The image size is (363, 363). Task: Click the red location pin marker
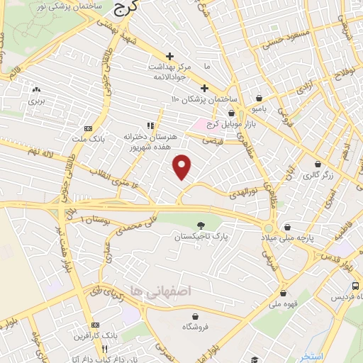pyautogui.click(x=182, y=167)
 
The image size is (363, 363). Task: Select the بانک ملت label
pyautogui.click(x=89, y=140)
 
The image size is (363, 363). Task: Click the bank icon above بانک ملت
pyautogui.click(x=88, y=128)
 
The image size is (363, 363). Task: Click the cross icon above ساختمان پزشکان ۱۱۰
pyautogui.click(x=204, y=88)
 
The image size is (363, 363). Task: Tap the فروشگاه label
pyautogui.click(x=195, y=328)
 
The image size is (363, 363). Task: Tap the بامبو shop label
pyautogui.click(x=260, y=110)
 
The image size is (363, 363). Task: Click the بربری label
pyautogui.click(x=35, y=102)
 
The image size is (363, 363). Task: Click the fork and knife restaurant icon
pyautogui.click(x=105, y=348)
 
